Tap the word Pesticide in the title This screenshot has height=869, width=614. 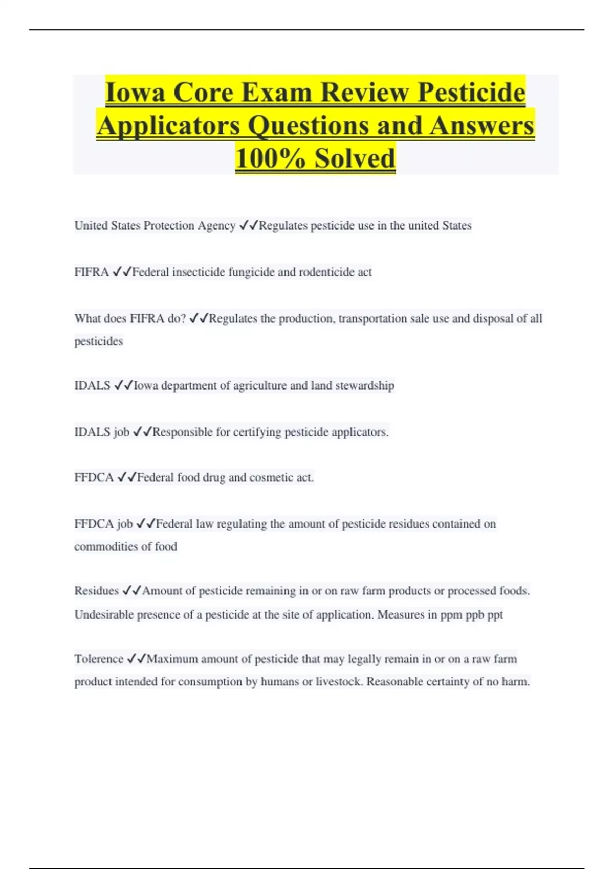471,93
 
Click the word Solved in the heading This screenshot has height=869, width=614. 355,158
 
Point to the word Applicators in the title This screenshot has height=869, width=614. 168,126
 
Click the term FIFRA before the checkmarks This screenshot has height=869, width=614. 92,272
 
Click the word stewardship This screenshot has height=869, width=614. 364,385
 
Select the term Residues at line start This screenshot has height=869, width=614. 96,591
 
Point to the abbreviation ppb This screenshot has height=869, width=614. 474,614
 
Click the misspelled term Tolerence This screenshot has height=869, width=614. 99,659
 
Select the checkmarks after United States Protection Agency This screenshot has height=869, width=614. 249,225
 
